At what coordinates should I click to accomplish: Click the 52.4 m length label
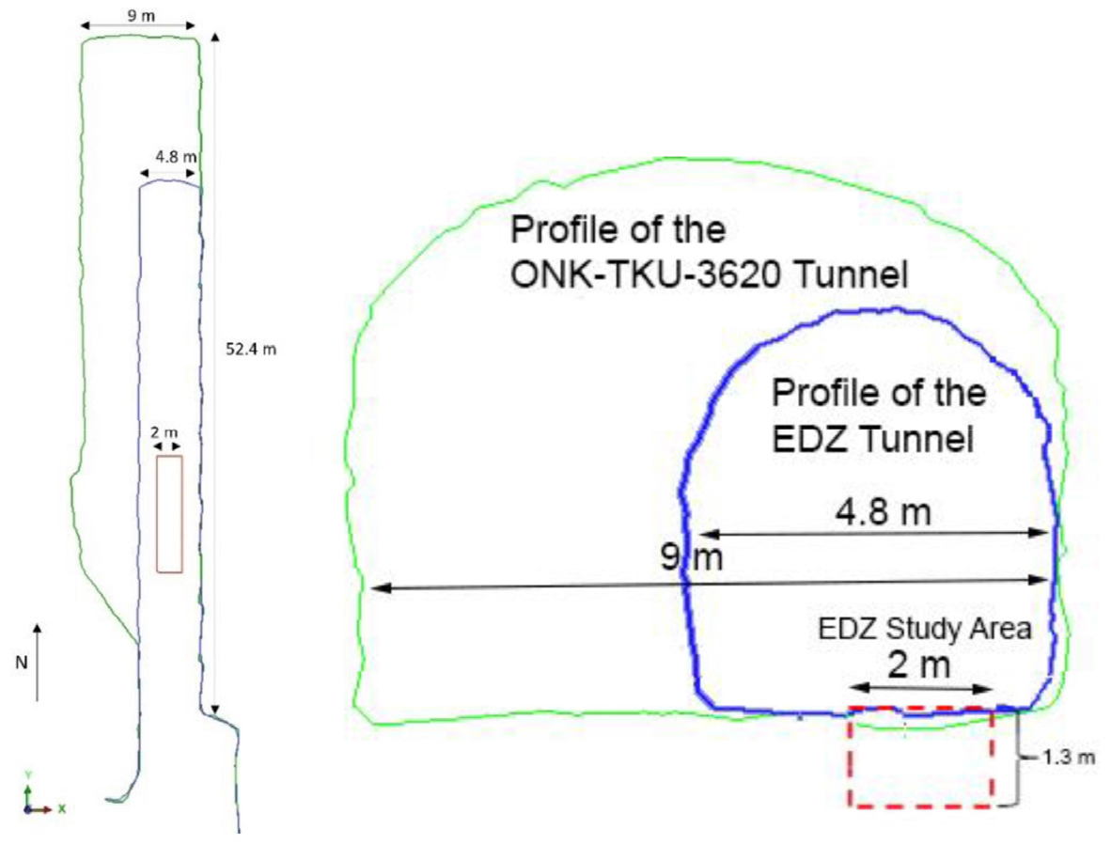[x=251, y=349]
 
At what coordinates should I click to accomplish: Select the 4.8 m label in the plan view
[x=176, y=157]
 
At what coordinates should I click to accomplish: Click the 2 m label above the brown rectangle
[x=164, y=432]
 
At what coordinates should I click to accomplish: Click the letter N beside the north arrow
[x=22, y=663]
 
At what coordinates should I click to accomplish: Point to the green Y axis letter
[x=27, y=774]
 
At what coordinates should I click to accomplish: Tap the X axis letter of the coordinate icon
[x=62, y=808]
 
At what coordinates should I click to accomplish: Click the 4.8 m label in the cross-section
[x=883, y=511]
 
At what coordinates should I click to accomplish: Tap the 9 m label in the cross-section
[x=692, y=557]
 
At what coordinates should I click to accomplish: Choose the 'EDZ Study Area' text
[x=925, y=629]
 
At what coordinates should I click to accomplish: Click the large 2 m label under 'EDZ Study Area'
[x=918, y=665]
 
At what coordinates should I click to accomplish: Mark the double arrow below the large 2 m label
[x=920, y=689]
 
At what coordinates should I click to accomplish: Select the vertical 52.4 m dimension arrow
[x=214, y=372]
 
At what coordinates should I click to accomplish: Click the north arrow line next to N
[x=38, y=663]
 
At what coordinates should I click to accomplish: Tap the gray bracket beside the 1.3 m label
[x=1019, y=758]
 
